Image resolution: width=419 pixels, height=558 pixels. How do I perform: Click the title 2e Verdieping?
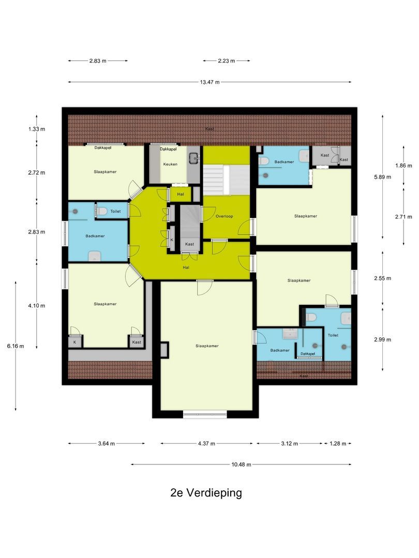[206, 493]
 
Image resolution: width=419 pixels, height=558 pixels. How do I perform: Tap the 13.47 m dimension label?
[209, 82]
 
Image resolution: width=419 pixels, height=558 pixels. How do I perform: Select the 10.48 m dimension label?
[241, 464]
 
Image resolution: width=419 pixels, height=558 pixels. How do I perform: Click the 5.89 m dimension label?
[383, 176]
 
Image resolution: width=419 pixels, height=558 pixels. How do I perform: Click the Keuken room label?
[170, 164]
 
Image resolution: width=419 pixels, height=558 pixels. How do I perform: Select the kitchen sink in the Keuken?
[194, 158]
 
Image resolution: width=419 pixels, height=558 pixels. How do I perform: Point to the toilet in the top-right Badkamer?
[264, 161]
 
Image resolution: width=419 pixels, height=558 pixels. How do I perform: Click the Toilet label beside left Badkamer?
[115, 211]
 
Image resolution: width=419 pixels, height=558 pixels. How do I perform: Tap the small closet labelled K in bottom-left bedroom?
[74, 342]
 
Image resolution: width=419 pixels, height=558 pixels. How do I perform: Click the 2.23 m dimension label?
[226, 60]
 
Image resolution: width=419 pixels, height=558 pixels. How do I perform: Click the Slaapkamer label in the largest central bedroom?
[206, 346]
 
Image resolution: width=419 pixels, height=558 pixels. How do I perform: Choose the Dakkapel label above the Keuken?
[168, 149]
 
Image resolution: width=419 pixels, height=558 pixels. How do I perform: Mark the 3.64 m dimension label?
[106, 443]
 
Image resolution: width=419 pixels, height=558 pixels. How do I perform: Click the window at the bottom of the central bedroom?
[205, 413]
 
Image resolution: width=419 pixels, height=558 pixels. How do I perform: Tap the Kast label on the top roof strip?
[209, 129]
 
